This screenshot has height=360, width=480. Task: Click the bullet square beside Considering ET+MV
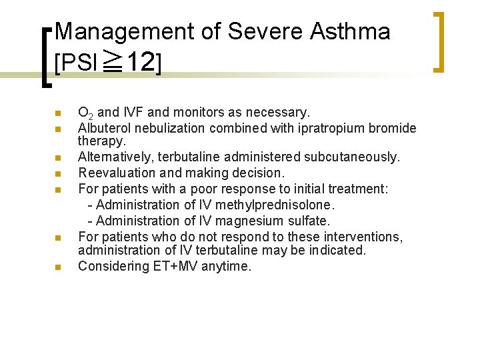click(58, 267)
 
